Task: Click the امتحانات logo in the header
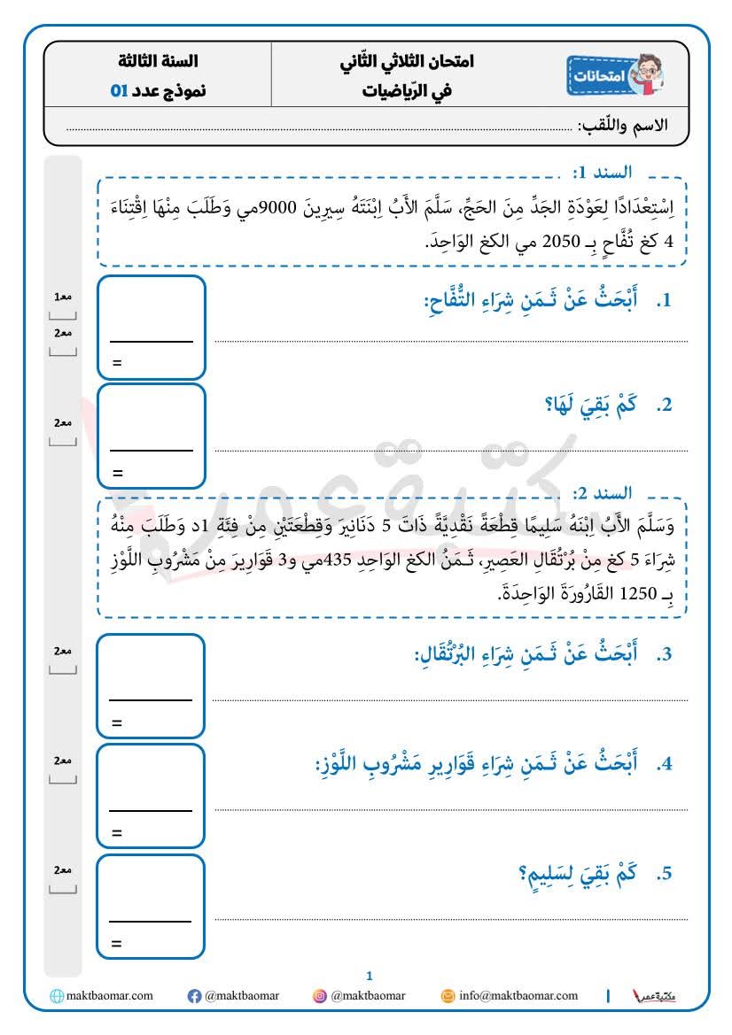pos(615,76)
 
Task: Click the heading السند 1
pos(602,172)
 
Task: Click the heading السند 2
pos(602,493)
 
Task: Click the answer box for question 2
pos(152,436)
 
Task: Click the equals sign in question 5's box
pos(116,944)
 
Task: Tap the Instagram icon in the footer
pos(319,996)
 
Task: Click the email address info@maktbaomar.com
pos(518,996)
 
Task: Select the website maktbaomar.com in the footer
pos(109,996)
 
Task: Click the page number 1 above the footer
pos(370,976)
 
